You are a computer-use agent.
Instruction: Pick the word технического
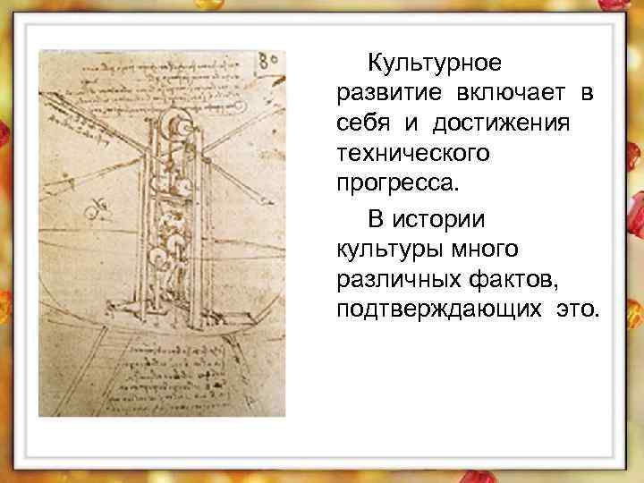pyautogui.click(x=412, y=155)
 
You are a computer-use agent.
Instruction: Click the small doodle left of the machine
pyautogui.click(x=93, y=212)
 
